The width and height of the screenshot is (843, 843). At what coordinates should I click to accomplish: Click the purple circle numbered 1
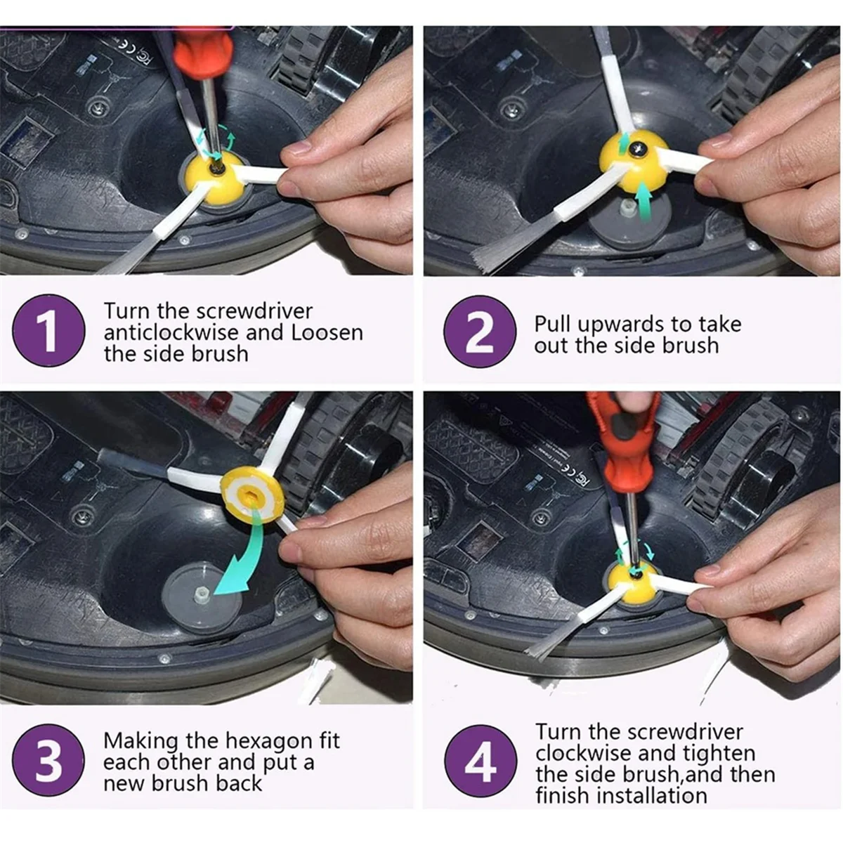pyautogui.click(x=48, y=331)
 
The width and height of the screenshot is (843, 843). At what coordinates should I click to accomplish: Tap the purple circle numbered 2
pyautogui.click(x=480, y=331)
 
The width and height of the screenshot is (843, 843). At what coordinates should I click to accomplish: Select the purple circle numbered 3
pyautogui.click(x=48, y=760)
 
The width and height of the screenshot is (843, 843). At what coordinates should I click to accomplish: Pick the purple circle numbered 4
pyautogui.click(x=481, y=761)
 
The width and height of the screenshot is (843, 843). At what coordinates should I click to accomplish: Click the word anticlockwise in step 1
pyautogui.click(x=171, y=332)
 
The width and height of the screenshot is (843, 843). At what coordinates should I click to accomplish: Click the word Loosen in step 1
pyautogui.click(x=327, y=332)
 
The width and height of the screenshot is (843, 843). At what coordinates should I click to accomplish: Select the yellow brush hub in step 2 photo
pyautogui.click(x=634, y=161)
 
